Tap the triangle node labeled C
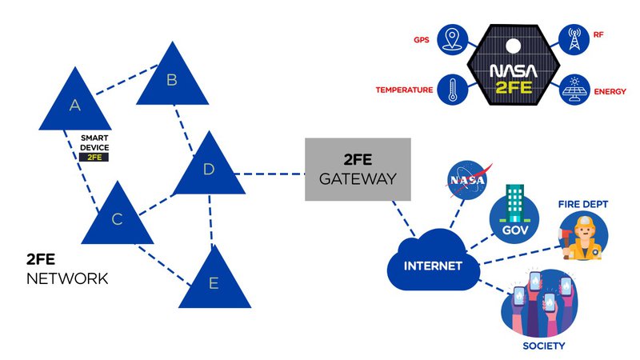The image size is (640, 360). click(x=117, y=218)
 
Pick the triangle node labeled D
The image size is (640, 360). click(x=209, y=169)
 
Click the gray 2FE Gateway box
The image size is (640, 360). click(x=358, y=170)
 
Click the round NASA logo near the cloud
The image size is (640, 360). click(x=466, y=180)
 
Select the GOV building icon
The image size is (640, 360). click(x=510, y=211)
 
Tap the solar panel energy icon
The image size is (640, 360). click(x=574, y=89)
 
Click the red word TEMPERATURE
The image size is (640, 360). click(x=405, y=90)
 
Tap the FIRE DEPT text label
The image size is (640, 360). click(x=583, y=205)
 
